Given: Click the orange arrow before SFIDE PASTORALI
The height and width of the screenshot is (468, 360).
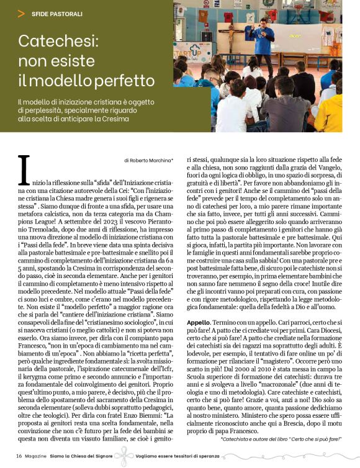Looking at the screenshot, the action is click(22, 12).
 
